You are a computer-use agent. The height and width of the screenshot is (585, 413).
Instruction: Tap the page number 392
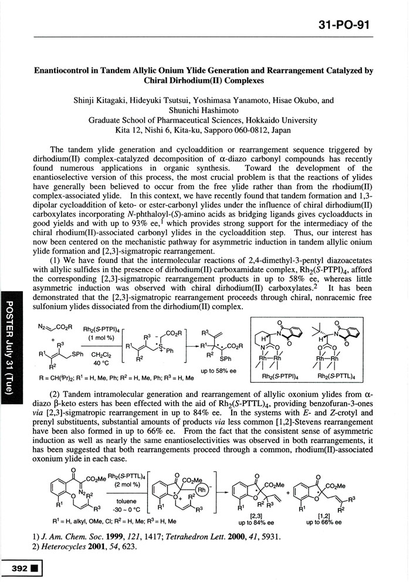pyautogui.click(x=15, y=569)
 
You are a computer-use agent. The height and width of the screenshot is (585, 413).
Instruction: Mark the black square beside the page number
pyautogui.click(x=33, y=569)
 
